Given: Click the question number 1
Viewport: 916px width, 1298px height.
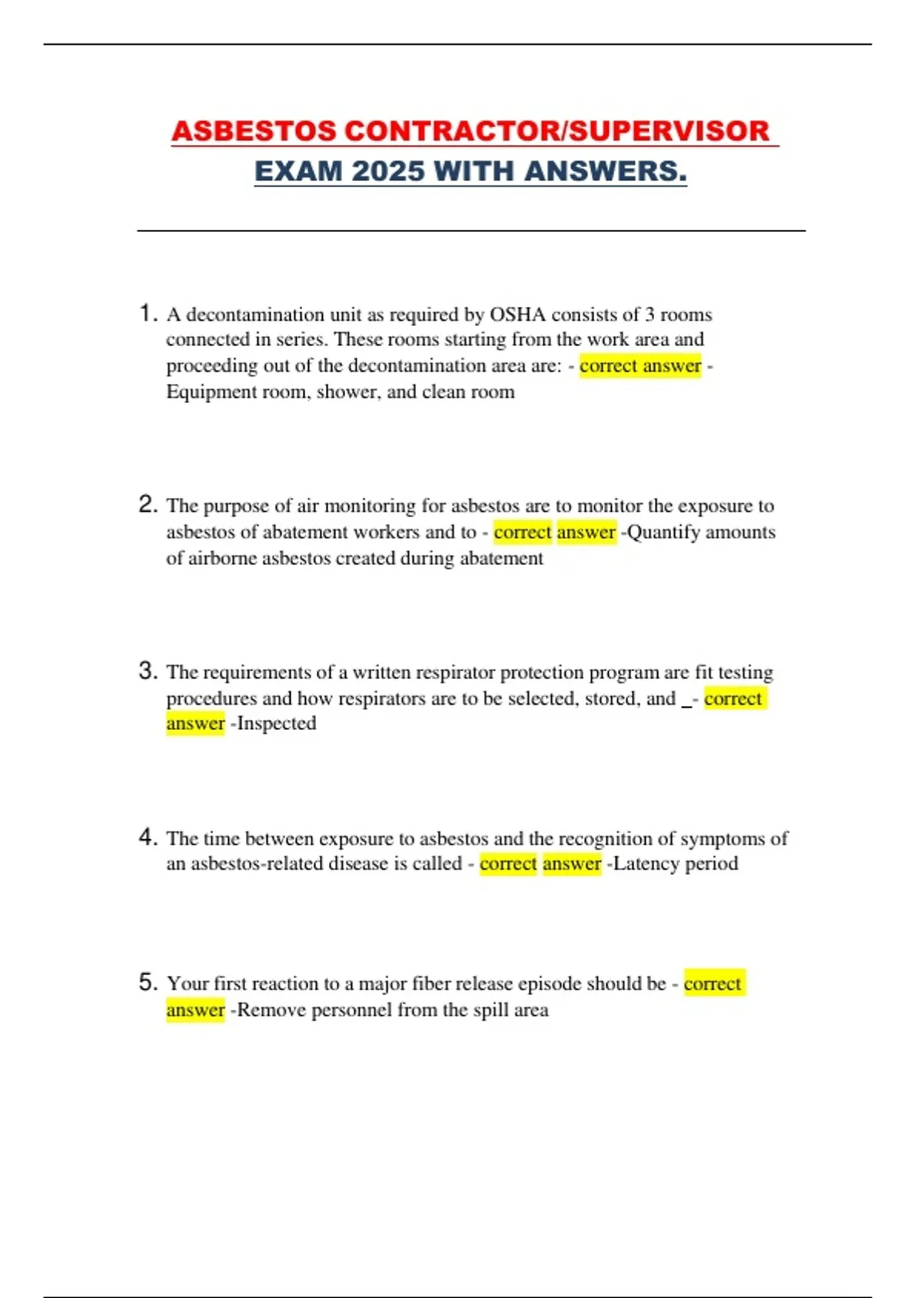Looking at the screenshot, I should [x=147, y=313].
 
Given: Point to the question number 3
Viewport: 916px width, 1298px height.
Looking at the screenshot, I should [x=147, y=670].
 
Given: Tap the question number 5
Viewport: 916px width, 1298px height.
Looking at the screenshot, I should [x=147, y=982].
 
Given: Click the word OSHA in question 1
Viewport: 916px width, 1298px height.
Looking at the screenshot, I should [x=517, y=315].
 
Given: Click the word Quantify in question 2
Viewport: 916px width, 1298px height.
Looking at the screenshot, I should [x=663, y=532].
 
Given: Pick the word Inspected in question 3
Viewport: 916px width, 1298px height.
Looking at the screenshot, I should [x=276, y=723].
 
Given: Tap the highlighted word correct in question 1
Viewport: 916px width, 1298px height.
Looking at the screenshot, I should [x=608, y=366].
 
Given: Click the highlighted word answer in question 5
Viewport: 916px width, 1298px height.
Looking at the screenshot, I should [x=195, y=1009].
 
